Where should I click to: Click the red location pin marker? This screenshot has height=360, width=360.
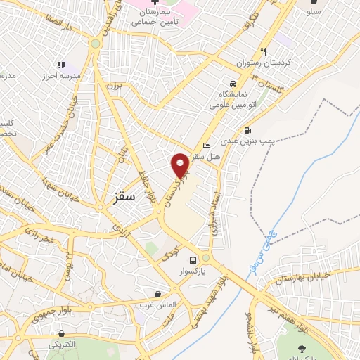pos(180,165)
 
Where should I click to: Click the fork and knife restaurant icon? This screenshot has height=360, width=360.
pos(264,51)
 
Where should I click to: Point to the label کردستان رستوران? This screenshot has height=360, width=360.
pos(264,63)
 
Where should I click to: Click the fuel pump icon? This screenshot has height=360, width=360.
pos(247,130)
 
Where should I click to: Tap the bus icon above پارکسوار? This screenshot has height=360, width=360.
pos(205,258)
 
